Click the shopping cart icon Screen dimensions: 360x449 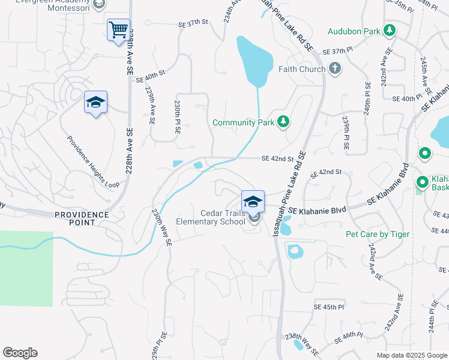[x=118, y=29]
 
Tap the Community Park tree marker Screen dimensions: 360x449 [x=284, y=122]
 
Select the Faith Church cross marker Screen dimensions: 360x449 [x=334, y=69]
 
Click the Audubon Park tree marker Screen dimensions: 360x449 [x=390, y=30]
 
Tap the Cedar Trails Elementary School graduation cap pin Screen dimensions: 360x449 [x=253, y=201]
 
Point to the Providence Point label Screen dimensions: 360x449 [x=82, y=218]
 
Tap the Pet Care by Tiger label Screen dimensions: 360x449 [x=378, y=234]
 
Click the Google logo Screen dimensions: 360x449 [x=20, y=353]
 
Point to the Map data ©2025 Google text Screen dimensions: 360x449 [x=411, y=355]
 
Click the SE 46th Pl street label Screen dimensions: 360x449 [x=348, y=340]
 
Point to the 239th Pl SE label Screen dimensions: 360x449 [x=345, y=133]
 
